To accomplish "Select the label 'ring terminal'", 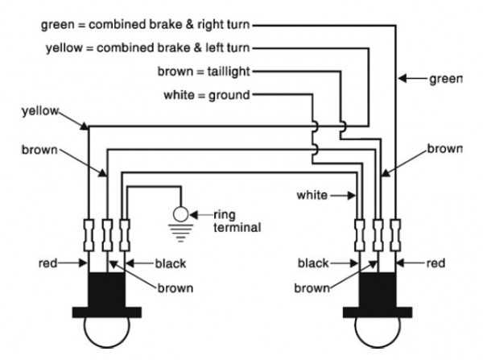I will [237, 221].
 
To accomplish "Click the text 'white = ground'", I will [207, 95].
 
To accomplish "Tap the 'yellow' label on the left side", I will [39, 111].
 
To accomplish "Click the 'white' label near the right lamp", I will [312, 195].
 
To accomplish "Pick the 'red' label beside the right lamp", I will [436, 263].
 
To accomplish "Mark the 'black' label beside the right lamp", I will [313, 263].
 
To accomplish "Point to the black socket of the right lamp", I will [378, 288].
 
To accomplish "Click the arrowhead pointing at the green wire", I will [404, 79].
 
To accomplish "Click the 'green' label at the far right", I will [445, 79].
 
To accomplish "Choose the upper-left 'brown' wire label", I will [39, 150].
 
